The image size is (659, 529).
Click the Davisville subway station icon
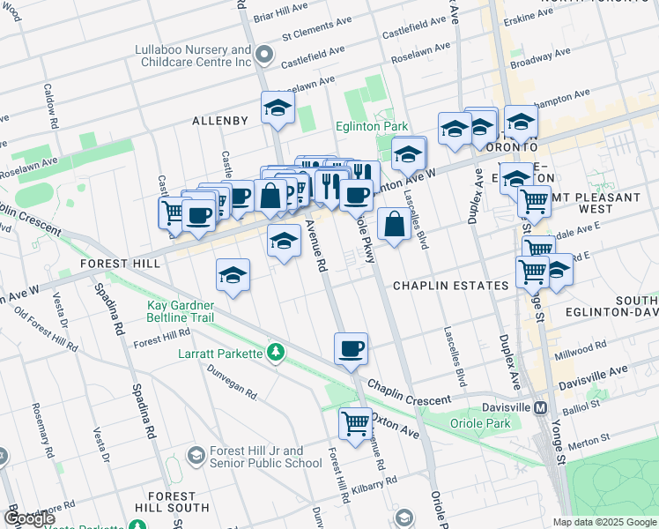(x=541, y=408)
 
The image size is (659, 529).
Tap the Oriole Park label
(x=485, y=424)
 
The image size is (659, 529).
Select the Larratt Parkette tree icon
(x=277, y=353)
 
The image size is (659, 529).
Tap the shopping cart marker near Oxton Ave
(x=355, y=424)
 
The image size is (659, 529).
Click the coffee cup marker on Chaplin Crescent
(x=351, y=349)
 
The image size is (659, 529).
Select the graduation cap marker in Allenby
(x=278, y=109)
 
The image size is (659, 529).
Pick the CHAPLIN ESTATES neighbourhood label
(x=451, y=286)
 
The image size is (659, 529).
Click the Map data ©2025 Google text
(x=604, y=522)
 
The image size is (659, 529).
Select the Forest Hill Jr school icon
(x=195, y=456)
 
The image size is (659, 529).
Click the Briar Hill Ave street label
(x=279, y=16)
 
